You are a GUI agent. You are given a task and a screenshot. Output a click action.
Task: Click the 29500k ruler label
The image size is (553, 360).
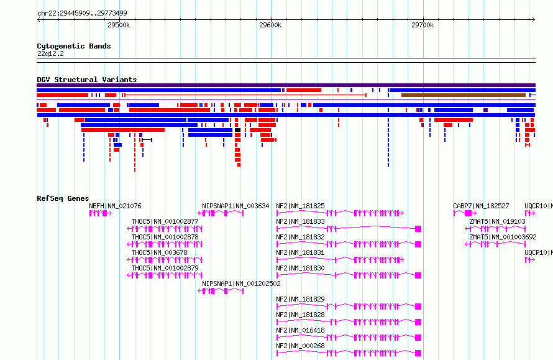coord(119,25)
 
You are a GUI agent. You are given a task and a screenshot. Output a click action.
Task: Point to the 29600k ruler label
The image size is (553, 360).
coord(270,25)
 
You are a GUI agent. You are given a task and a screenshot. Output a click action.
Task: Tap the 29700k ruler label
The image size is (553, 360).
coord(423,25)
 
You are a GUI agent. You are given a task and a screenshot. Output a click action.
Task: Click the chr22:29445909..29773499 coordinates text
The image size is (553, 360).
coord(82,14)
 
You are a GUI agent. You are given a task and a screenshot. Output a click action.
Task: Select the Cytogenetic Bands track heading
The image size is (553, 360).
coord(74,46)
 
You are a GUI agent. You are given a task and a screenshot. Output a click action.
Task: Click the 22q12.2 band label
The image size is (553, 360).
coord(50,53)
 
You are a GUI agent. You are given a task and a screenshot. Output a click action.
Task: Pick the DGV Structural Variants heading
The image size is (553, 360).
coord(87,80)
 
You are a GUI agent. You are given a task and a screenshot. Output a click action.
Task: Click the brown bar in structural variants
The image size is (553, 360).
coord(464,95)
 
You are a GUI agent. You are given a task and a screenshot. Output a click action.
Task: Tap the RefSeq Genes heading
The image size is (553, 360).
coord(63,198)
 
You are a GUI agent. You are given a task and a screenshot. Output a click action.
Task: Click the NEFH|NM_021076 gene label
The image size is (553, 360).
coord(115,206)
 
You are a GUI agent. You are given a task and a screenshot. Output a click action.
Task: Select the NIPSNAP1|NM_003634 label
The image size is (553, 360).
coord(235,206)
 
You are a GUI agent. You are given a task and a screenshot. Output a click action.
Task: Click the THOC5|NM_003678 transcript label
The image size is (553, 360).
coord(160,252)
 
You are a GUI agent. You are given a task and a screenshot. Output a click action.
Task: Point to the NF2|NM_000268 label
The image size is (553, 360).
coord(300,346)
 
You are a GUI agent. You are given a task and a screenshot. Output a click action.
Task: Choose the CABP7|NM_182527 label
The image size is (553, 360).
coord(481,206)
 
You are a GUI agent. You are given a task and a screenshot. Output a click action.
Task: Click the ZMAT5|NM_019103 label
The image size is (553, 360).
coord(497,221)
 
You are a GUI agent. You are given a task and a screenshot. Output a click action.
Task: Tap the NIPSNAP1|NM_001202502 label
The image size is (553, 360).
coord(241,284)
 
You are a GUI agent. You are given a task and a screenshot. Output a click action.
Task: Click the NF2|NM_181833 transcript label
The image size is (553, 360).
coord(300,221)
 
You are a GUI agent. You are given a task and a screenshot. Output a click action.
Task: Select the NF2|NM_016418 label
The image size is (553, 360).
coord(300,330)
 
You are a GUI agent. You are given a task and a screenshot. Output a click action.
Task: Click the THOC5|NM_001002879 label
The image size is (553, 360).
coord(165,268)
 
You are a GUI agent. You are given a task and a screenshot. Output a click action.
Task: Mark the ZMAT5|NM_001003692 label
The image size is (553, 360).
coord(503,237)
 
